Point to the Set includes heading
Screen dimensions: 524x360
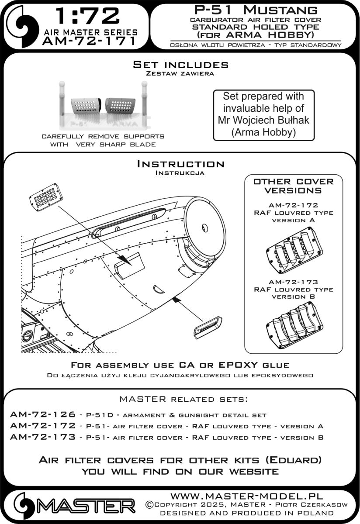pyautogui.click(x=180, y=65)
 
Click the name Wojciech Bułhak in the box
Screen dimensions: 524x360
pyautogui.click(x=266, y=120)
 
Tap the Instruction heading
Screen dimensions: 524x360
pyautogui.click(x=180, y=164)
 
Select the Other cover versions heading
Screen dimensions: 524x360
pyautogui.click(x=293, y=186)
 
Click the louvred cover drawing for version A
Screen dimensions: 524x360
pyautogui.click(x=294, y=252)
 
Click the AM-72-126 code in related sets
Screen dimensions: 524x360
pyautogui.click(x=42, y=414)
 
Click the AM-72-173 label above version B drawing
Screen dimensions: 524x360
pyautogui.click(x=293, y=282)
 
